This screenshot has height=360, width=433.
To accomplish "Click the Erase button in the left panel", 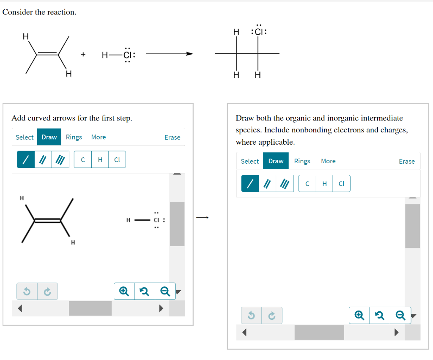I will tap(172, 137).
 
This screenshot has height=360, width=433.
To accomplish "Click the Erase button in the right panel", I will tap(406, 161).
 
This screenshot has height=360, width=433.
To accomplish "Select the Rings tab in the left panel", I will tap(74, 137).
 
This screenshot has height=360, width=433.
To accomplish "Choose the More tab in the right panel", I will tap(328, 161).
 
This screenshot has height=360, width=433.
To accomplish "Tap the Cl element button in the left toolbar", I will tap(117, 159).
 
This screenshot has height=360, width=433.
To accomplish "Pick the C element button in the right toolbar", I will tap(307, 184).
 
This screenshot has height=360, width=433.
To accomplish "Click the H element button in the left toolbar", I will tap(100, 159).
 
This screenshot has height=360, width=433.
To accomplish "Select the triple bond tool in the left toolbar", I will tap(60, 159).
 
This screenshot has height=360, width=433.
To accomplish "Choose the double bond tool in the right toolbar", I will tap(267, 184).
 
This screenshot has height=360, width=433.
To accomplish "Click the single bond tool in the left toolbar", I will tap(26, 159).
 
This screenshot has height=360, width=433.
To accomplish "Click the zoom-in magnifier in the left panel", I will tap(124, 291).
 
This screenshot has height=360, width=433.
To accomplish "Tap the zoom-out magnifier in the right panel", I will tap(400, 315).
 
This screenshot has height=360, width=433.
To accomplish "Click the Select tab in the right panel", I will tap(249, 161).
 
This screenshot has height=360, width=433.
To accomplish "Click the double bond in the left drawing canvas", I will tap(47, 220).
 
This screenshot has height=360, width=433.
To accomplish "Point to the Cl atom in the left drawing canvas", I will tap(156, 220).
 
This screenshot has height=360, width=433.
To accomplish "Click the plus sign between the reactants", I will tap(83, 54).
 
